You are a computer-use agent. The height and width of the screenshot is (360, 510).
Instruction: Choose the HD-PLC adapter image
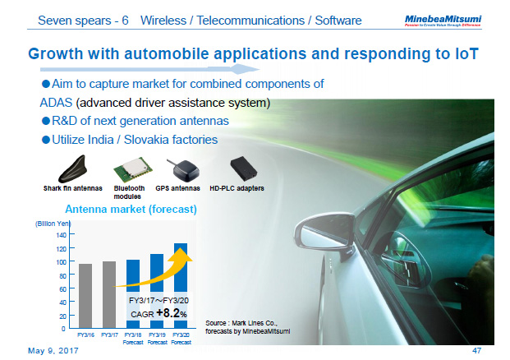pos(245,169)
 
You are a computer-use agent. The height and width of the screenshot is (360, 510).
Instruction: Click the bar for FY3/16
pos(85,296)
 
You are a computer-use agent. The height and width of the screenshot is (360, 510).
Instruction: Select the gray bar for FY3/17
pos(109,294)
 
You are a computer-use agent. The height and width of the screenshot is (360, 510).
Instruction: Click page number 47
pos(476,350)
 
